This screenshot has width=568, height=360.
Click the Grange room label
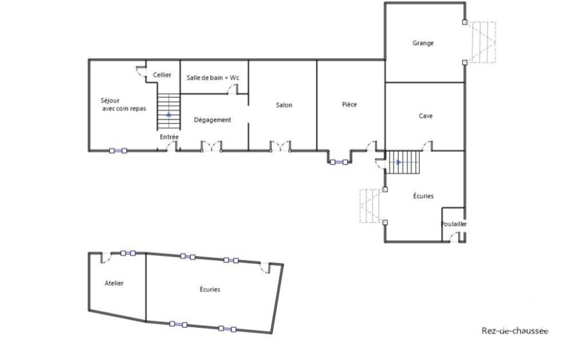(423, 43)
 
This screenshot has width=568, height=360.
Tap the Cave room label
(426, 116)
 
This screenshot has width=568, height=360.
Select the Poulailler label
(453, 224)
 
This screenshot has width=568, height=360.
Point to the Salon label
(284, 105)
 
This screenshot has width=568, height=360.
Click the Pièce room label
(349, 105)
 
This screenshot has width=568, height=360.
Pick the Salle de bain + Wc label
(213, 78)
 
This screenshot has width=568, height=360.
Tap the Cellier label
(162, 75)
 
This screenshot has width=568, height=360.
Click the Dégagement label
(212, 120)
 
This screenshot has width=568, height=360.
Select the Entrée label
(169, 137)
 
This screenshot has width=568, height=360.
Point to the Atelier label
(114, 283)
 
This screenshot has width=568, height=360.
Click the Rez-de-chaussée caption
(515, 331)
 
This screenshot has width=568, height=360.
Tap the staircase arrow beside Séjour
(169, 115)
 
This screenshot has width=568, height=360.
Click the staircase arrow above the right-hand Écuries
(399, 162)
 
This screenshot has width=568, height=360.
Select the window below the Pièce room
(339, 162)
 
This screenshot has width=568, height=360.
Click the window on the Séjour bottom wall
(118, 151)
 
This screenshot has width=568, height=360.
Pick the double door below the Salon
(280, 146)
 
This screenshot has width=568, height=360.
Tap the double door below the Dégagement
(212, 146)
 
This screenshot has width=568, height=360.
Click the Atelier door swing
(106, 258)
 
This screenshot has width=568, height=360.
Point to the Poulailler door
(454, 237)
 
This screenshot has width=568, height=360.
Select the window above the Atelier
(128, 253)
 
